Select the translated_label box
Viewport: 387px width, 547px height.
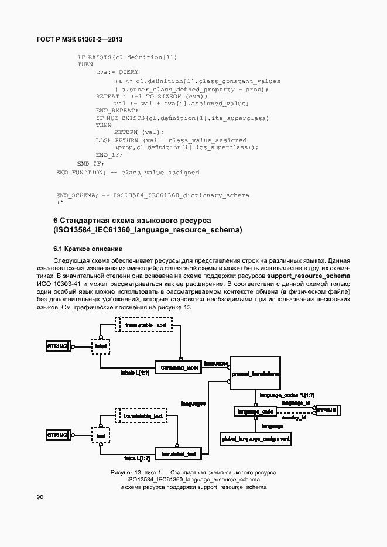point(178,366)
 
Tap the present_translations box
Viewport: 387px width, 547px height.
point(255,373)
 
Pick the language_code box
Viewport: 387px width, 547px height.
point(255,411)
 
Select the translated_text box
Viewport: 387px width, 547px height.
point(178,453)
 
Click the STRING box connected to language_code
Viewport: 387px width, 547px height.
point(326,411)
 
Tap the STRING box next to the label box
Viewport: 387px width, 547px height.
point(57,346)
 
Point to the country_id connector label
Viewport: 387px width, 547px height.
point(294,418)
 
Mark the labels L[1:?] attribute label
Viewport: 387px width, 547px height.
point(135,372)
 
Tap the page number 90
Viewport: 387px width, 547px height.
point(40,497)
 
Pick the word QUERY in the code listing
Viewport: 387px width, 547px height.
point(128,72)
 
